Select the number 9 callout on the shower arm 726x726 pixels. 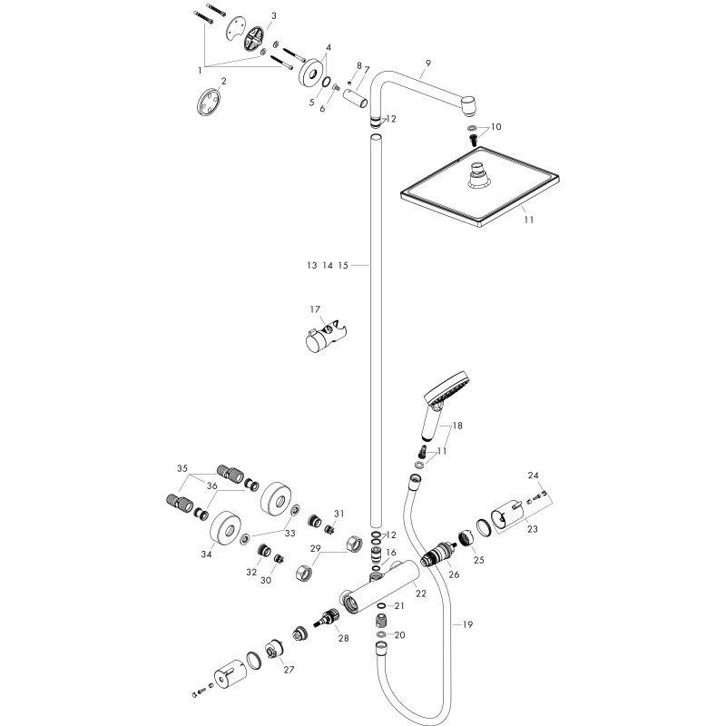click(x=426, y=64)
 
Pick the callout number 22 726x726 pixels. click(x=420, y=594)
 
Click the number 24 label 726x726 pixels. click(x=533, y=476)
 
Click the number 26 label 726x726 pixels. click(x=454, y=574)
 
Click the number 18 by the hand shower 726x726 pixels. click(x=457, y=426)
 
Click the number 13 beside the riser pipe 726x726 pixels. click(x=311, y=266)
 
